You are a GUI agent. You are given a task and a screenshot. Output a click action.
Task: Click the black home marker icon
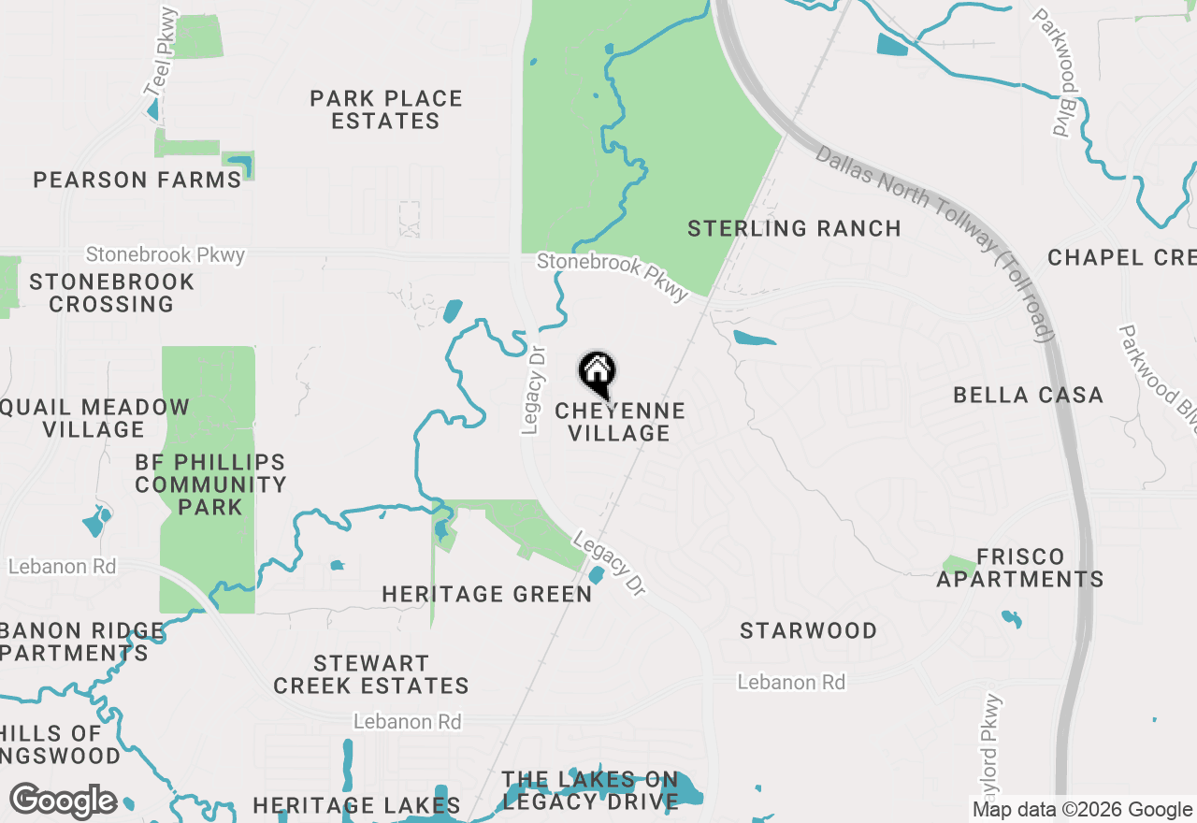coord(597,372)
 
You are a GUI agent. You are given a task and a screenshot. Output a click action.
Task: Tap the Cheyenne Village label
coord(620,422)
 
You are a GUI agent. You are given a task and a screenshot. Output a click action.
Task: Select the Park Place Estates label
coord(386,109)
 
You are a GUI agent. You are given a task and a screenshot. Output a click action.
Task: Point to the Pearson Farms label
coord(137,180)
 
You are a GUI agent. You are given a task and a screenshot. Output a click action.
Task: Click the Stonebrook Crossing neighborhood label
coord(112,293)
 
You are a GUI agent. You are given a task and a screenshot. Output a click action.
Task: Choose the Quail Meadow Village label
coord(95,418)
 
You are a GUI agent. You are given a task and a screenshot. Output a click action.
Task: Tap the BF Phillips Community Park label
coord(210,484)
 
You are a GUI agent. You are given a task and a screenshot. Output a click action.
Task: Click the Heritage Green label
coord(487,594)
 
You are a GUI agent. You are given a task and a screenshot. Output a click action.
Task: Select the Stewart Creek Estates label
coord(371,674)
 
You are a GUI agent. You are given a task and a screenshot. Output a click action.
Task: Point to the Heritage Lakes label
coord(356,805)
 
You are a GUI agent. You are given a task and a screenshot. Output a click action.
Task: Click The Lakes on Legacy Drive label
coord(589,790)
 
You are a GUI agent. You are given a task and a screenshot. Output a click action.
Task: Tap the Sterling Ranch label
coord(794,228)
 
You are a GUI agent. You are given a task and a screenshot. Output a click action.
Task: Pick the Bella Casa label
coord(1029,395)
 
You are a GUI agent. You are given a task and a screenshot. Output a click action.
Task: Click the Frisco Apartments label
coord(1020,568)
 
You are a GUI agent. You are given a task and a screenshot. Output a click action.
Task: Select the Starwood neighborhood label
coord(808,630)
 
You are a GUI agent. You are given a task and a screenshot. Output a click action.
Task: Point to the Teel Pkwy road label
coord(161,52)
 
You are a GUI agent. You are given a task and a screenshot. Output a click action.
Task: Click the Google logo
coord(63,801)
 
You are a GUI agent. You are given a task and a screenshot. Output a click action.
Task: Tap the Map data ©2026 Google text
coord(1082,810)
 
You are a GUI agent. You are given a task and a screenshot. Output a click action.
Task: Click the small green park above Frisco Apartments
coord(958,565)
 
